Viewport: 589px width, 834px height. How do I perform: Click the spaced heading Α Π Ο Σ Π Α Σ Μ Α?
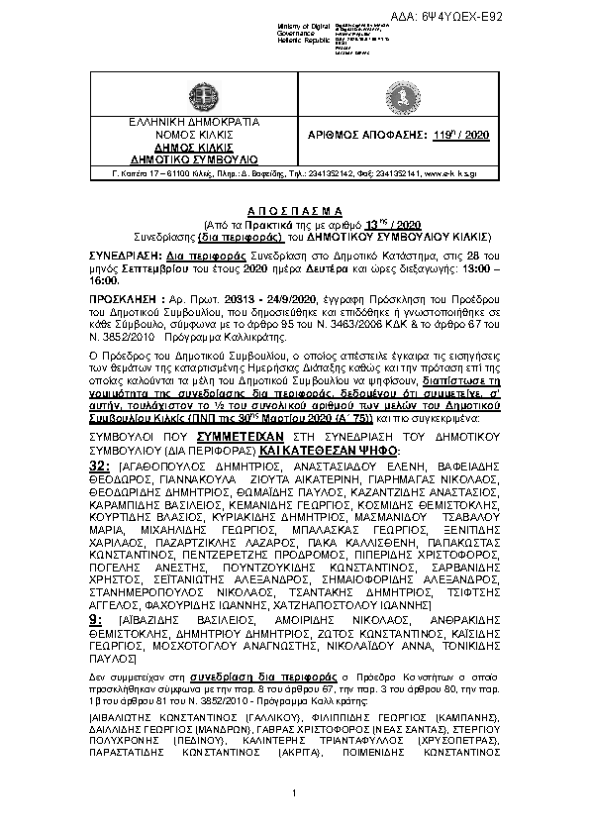click(x=293, y=212)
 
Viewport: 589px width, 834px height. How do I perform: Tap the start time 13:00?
click(x=465, y=266)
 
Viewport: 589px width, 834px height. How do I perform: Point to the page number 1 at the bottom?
click(x=294, y=792)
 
